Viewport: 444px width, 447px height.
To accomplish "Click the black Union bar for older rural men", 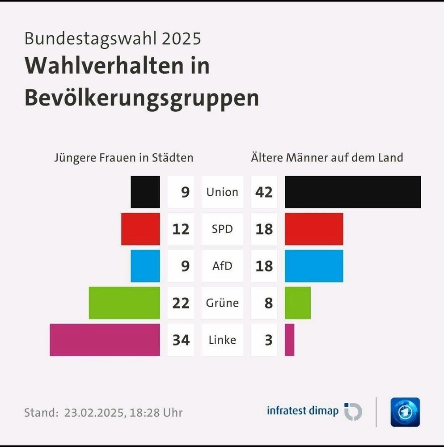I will (x=352, y=192).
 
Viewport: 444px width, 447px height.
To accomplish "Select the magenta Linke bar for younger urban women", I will (x=105, y=340).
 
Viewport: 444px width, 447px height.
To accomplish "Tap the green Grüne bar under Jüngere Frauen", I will (x=124, y=303).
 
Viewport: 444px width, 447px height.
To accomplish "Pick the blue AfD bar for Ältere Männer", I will (x=313, y=266).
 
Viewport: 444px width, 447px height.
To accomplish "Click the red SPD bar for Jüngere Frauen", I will (x=140, y=229).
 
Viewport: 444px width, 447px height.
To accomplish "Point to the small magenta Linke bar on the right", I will (x=289, y=340).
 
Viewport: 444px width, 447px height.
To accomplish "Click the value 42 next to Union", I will (x=264, y=192).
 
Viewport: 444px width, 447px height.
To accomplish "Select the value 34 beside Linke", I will (x=181, y=340).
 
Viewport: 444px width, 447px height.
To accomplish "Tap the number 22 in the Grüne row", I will (x=181, y=303).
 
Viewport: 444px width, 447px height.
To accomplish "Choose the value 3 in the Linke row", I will (x=268, y=340).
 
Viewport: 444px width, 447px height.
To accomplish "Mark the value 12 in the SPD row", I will (x=181, y=229).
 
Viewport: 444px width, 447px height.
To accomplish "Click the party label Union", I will (x=222, y=192).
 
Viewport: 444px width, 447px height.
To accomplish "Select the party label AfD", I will (x=222, y=266).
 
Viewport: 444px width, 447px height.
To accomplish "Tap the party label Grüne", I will (x=222, y=303).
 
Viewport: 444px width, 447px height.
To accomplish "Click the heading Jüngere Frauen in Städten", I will (x=124, y=158).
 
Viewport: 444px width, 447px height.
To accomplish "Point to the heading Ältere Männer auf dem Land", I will (x=327, y=158).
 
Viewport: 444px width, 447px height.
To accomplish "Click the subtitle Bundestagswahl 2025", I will (x=113, y=38).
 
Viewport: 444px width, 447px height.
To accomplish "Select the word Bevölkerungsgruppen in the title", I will (x=142, y=97).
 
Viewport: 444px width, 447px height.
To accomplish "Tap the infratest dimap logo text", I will (x=303, y=410).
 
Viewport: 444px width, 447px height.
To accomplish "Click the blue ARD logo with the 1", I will (x=405, y=412).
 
